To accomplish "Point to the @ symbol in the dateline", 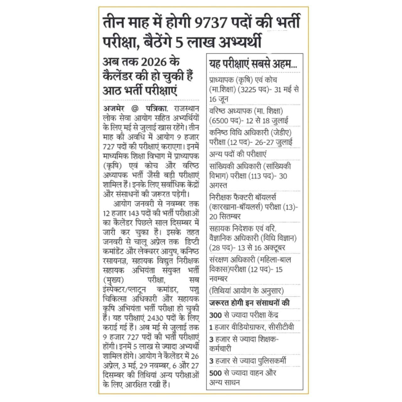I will click(135, 109).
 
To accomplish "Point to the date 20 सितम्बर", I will click(225, 217).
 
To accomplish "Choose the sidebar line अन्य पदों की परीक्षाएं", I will click(238, 155).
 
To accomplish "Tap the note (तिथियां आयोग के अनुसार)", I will click(247, 291).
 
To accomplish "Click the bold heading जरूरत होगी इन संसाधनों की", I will click(249, 303).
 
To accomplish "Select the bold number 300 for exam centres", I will click(215, 315).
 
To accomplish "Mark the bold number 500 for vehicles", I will click(215, 373).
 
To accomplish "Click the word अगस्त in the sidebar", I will click(218, 185).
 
